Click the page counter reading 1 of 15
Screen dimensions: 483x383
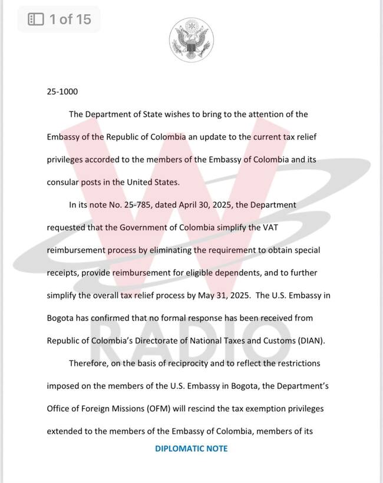70,19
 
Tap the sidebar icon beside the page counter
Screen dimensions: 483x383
36,19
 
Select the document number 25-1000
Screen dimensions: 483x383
62,92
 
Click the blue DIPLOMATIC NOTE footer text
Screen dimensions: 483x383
191,448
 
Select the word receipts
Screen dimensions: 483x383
64,273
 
